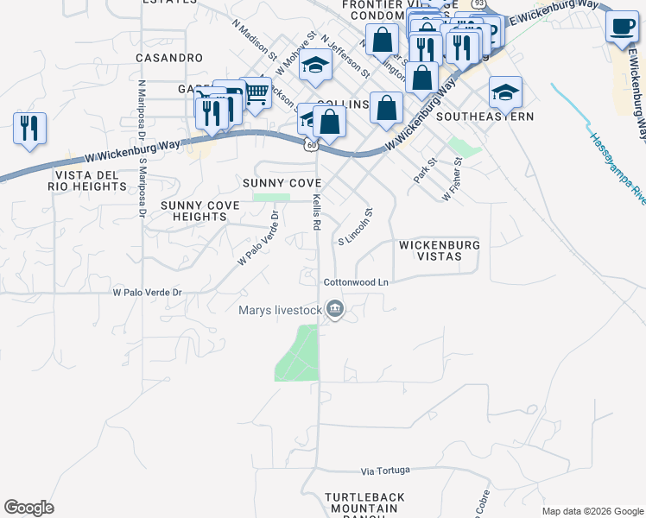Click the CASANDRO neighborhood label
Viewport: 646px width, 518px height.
(168, 58)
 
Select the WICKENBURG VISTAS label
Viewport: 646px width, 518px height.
(439, 251)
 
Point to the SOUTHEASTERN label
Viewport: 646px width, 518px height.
(484, 116)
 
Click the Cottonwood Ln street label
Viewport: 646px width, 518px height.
(357, 282)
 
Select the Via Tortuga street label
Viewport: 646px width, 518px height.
(388, 471)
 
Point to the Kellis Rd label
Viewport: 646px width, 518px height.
(317, 212)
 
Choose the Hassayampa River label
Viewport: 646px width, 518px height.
(616, 168)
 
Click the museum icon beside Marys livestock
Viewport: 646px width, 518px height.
(334, 308)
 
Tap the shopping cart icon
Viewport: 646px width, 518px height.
(256, 92)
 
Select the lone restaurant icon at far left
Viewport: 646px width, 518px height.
(29, 128)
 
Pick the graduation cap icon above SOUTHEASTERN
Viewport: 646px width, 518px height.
(505, 91)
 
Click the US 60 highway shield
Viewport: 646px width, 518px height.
(309, 144)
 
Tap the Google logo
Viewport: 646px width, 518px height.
(29, 508)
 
